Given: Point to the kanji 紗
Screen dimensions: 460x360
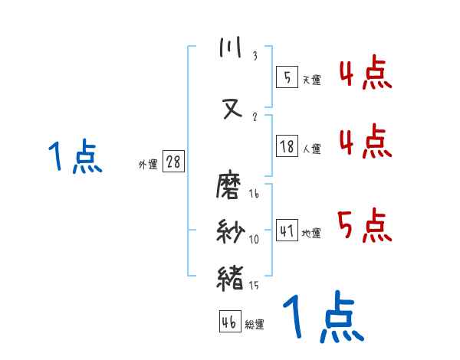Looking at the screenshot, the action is [x=231, y=231].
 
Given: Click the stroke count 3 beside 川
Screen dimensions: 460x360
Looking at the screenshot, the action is [x=255, y=57].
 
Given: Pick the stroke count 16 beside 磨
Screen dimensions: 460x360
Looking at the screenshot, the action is [x=255, y=195].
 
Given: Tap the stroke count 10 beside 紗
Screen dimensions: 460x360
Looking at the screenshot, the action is [x=255, y=240].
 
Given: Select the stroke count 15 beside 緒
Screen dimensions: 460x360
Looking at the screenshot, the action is [x=255, y=285].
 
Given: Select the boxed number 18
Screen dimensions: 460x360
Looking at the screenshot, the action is [x=287, y=148].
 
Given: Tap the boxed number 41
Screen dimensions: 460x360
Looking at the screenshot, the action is [x=287, y=230].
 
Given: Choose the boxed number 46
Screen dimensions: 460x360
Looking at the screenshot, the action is [x=229, y=322].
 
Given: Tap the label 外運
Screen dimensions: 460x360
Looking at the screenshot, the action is [x=147, y=164].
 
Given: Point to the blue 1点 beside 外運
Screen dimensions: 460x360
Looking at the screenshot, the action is [x=76, y=157].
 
